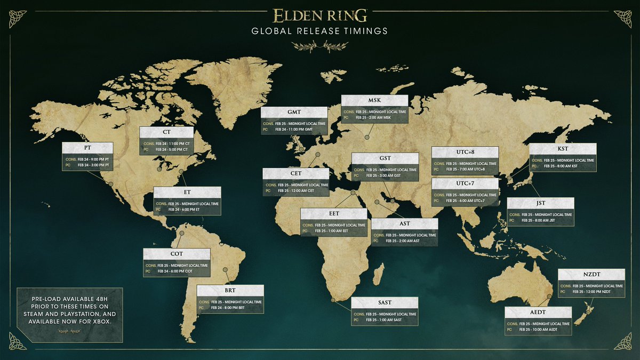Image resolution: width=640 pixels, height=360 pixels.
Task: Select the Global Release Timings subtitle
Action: click(320, 31)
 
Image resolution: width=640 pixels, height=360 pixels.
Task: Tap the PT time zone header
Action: click(87, 148)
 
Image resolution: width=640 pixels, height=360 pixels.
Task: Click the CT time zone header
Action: click(166, 132)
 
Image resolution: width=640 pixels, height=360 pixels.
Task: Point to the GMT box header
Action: click(294, 112)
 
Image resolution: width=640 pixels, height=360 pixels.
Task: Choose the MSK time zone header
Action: click(374, 101)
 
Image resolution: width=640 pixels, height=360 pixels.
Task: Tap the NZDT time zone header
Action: click(591, 274)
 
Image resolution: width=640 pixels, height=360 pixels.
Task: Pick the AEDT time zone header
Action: click(538, 313)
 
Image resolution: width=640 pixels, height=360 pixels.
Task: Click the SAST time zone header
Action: click(385, 303)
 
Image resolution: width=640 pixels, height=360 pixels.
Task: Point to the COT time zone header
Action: click(177, 254)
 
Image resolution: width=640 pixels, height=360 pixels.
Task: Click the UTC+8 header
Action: click(465, 153)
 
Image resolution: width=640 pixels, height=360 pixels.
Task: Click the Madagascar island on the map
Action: click(378, 276)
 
